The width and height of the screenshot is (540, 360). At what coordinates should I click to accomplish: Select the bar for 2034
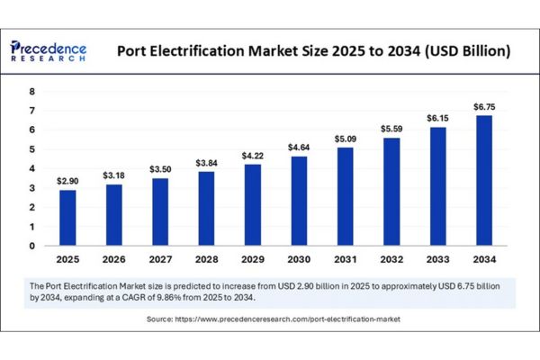click(x=483, y=180)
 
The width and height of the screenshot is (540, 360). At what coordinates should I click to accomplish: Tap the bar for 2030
click(x=299, y=201)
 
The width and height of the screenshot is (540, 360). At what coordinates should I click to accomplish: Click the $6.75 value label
click(x=483, y=107)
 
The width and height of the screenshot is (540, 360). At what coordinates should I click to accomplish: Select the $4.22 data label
click(x=253, y=157)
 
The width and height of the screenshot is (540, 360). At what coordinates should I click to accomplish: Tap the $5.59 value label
click(x=391, y=130)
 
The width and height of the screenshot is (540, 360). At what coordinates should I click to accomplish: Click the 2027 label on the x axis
click(x=160, y=260)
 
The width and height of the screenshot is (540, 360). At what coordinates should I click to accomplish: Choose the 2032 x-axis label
click(x=391, y=260)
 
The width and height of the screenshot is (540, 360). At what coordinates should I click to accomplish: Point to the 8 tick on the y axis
click(x=31, y=92)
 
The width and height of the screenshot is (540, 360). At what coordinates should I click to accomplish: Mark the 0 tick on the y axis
click(x=31, y=246)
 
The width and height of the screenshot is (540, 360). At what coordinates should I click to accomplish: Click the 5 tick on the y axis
click(x=31, y=149)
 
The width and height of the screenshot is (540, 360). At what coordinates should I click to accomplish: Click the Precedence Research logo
click(x=50, y=50)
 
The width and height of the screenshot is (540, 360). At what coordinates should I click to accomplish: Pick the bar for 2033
click(x=437, y=186)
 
